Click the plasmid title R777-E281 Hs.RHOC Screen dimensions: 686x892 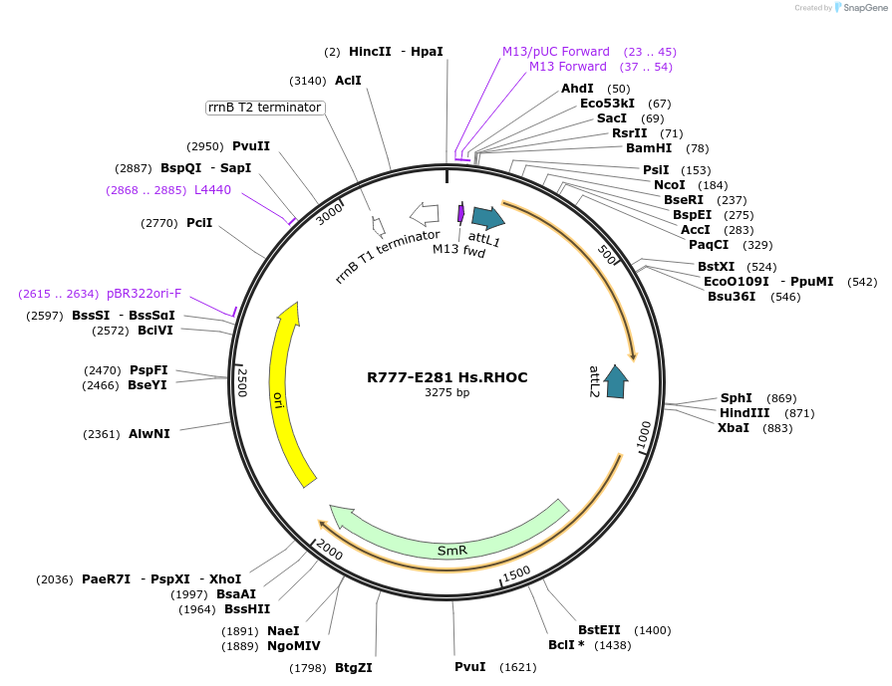[446, 377]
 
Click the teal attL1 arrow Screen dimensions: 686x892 [487, 218]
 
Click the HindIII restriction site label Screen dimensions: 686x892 [744, 413]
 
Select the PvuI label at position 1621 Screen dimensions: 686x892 [469, 666]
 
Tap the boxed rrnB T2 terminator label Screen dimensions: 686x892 [265, 108]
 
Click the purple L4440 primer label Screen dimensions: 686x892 [212, 189]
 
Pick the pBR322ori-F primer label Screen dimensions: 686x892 [145, 294]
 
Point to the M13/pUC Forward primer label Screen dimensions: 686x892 [555, 52]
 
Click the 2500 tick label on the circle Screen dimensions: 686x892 [241, 380]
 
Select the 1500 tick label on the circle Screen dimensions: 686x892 [515, 574]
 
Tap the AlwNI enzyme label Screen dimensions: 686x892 [149, 434]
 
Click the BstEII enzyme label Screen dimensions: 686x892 [599, 630]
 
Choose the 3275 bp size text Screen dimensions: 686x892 [446, 393]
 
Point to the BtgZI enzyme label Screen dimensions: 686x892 [354, 668]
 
